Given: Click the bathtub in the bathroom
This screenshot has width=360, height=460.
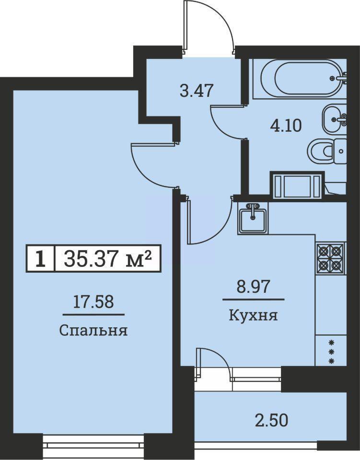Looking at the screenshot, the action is [x=299, y=78].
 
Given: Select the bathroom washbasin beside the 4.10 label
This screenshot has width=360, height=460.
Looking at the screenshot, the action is [x=334, y=119].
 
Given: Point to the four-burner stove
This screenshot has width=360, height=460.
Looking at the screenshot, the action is [x=331, y=259].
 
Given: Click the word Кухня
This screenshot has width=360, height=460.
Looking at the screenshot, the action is [x=253, y=316].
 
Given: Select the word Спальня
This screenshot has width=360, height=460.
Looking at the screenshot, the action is [x=93, y=331].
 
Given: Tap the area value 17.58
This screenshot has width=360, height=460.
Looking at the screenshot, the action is [x=93, y=302].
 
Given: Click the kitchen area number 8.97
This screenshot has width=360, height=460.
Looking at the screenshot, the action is [x=253, y=287].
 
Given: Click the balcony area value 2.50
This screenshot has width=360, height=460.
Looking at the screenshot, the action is [x=271, y=420].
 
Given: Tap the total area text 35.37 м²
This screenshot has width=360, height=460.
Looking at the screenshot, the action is [x=108, y=258].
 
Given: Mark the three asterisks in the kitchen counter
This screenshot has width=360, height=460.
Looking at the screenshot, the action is [x=332, y=351].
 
